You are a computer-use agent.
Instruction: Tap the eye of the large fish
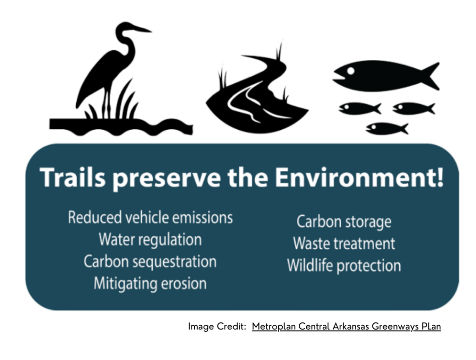[x=350, y=71]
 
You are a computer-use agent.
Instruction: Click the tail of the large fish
[x=429, y=76]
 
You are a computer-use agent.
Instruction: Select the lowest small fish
[x=387, y=128]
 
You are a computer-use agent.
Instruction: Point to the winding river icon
[x=257, y=91]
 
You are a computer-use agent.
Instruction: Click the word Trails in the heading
[x=73, y=177]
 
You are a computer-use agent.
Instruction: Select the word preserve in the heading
[x=167, y=179]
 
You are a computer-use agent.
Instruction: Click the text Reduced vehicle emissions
[x=150, y=218]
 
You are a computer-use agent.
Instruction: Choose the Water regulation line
[x=150, y=240]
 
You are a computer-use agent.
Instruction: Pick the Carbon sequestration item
[x=150, y=261]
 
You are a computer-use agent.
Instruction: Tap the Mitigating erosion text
[x=150, y=283]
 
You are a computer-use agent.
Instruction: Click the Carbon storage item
[x=344, y=222]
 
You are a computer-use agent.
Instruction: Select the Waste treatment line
[x=344, y=244]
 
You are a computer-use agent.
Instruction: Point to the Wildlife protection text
[x=344, y=266]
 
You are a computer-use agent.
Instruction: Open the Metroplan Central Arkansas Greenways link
[x=346, y=326]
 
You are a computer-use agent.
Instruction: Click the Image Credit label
[x=217, y=326]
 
